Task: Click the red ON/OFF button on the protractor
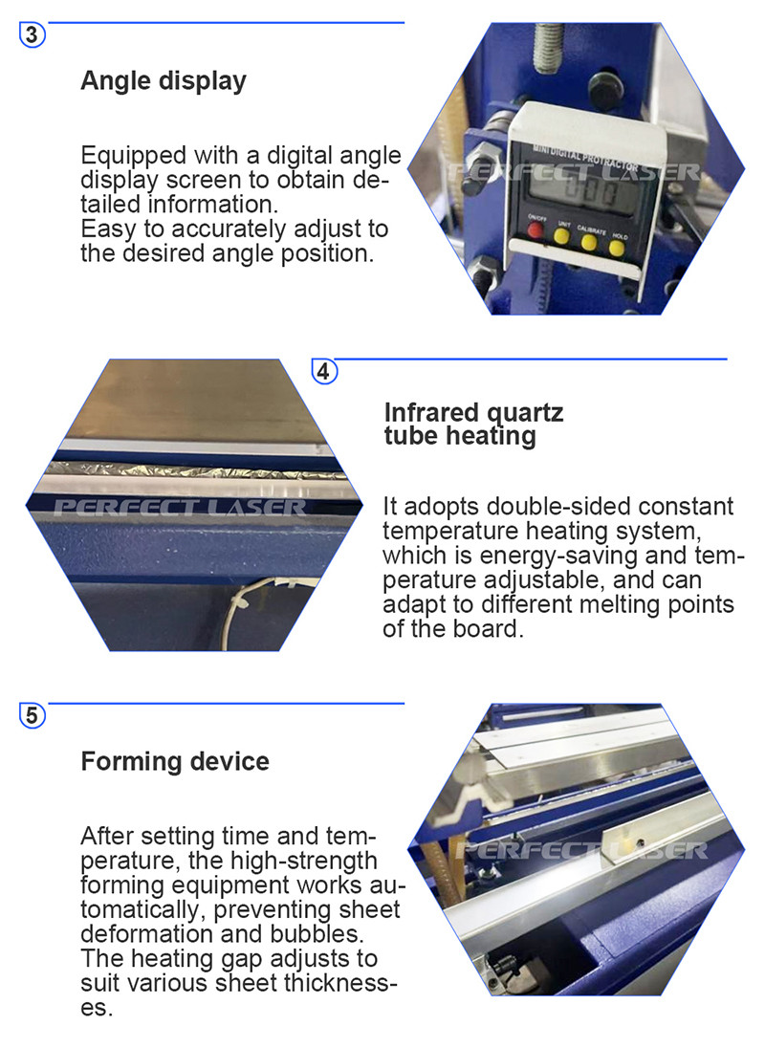tap(535, 230)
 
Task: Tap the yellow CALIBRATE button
tap(589, 242)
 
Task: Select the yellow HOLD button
tap(617, 249)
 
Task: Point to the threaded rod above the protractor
tap(548, 46)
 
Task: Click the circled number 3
tap(33, 34)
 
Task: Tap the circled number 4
tap(324, 371)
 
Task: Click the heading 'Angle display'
tap(164, 81)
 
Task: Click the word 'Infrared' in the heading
tap(431, 412)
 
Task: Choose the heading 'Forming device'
tap(175, 761)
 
